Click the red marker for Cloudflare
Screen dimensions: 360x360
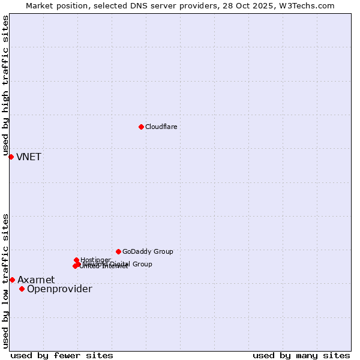click(141, 127)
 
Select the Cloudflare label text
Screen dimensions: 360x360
click(161, 127)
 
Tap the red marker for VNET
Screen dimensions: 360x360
click(11, 157)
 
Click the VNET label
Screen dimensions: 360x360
click(29, 157)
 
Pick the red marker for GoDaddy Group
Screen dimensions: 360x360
click(118, 251)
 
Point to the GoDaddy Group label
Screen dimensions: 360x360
click(148, 252)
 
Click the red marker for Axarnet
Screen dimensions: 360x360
click(12, 280)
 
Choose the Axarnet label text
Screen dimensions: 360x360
click(36, 280)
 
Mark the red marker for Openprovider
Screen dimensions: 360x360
click(22, 289)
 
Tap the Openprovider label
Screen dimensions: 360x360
click(59, 289)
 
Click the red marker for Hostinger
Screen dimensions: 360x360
click(76, 260)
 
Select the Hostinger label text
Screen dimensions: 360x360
click(95, 260)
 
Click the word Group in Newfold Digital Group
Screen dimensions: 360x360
click(142, 264)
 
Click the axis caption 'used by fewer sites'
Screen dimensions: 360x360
click(62, 355)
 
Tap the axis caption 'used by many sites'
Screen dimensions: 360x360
click(301, 355)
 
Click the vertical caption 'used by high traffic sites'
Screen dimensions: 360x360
click(5, 86)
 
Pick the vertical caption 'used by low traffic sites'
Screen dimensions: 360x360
click(5, 280)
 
